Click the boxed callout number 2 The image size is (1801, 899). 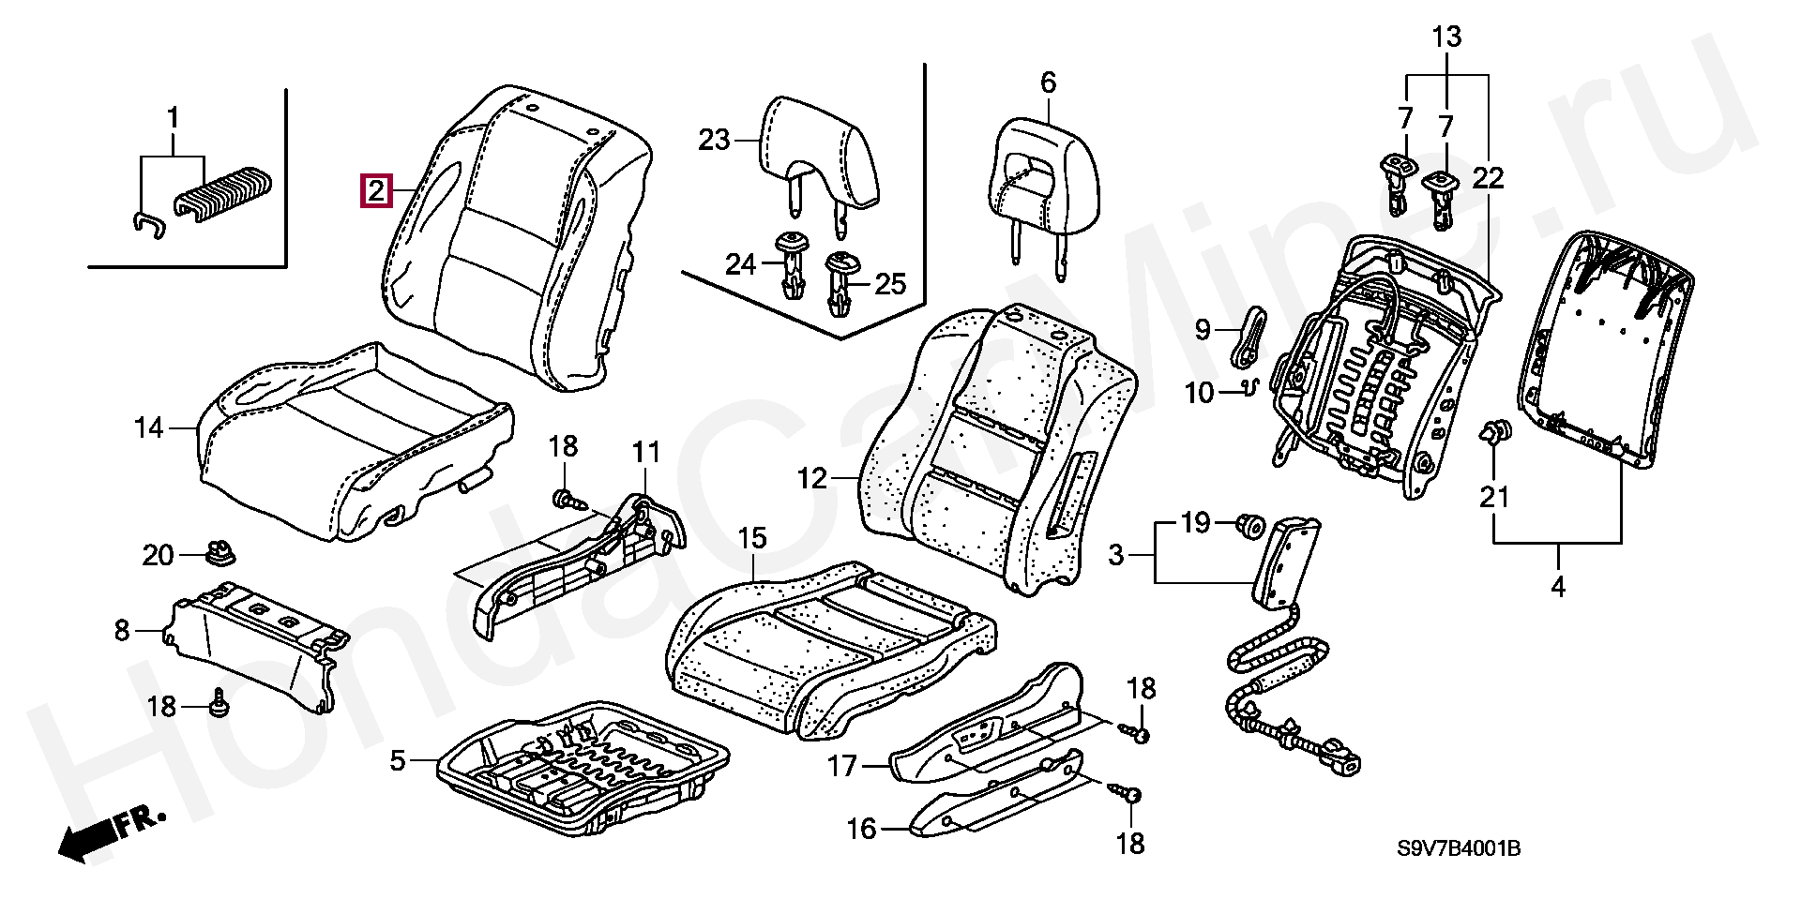pyautogui.click(x=375, y=192)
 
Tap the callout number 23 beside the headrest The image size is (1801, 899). pyautogui.click(x=714, y=141)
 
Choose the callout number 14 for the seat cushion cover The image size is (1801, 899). pyautogui.click(x=148, y=428)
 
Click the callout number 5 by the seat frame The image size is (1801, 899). pyautogui.click(x=398, y=761)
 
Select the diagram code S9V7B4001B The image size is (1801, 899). pyautogui.click(x=1459, y=849)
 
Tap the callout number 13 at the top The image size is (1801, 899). pyautogui.click(x=1446, y=38)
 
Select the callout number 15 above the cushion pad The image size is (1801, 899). pyautogui.click(x=752, y=538)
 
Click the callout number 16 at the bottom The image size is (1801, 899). pyautogui.click(x=861, y=829)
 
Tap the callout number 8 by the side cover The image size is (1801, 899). pyautogui.click(x=122, y=631)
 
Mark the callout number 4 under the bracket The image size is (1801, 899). pyautogui.click(x=1558, y=588)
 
